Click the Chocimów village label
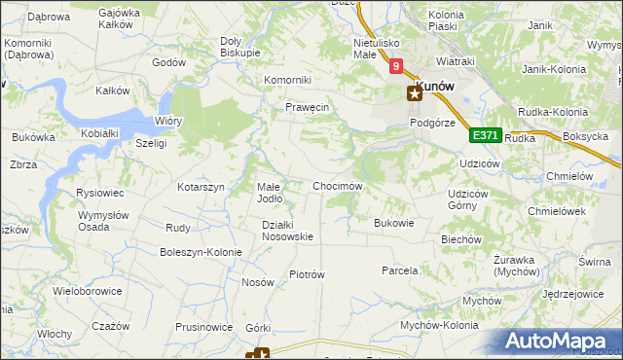point(338,186)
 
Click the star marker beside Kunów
point(414,93)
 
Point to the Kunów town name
point(437,86)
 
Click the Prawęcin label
point(308,107)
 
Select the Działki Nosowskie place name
point(287,231)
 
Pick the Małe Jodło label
point(269,192)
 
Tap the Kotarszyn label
point(202,187)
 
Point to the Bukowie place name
point(394,223)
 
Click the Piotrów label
point(307,274)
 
